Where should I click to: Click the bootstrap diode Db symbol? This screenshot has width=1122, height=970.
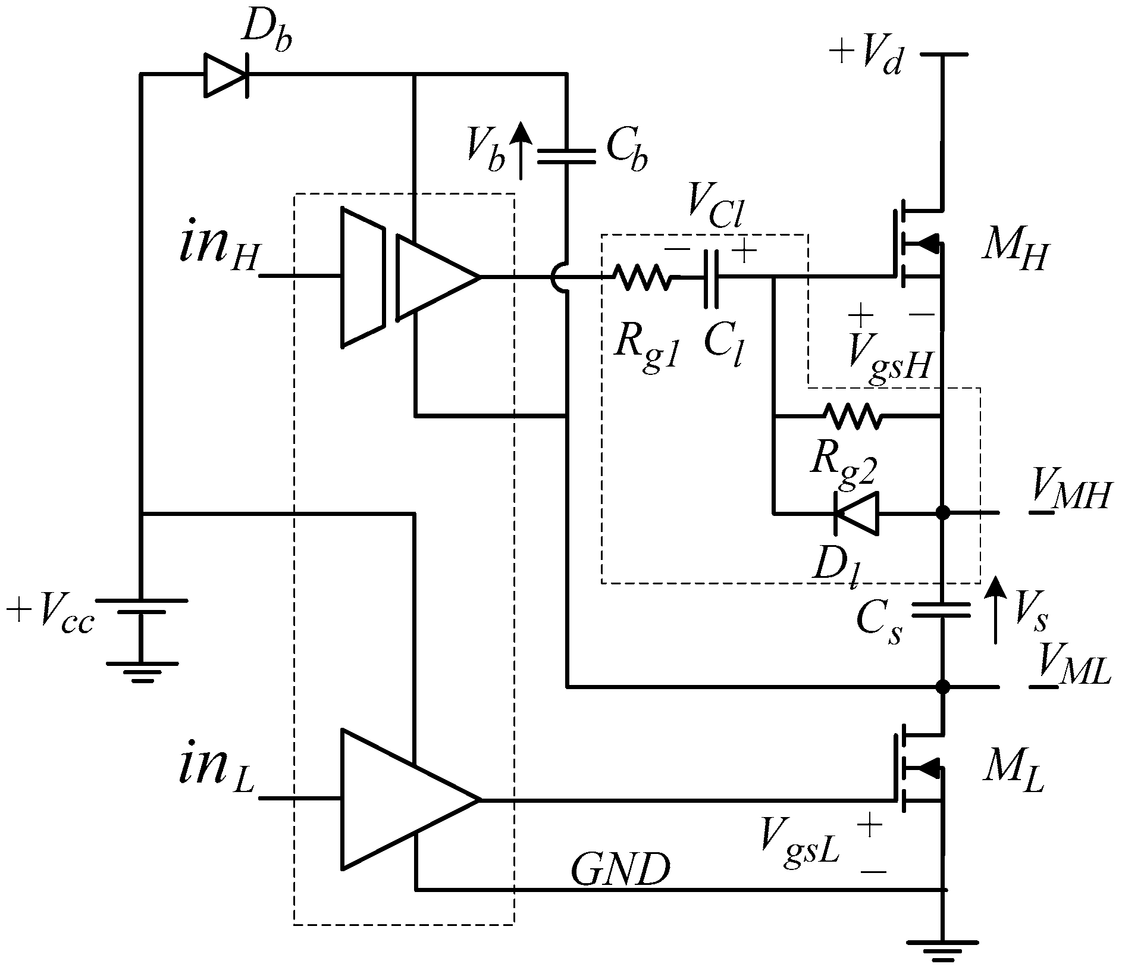click(227, 74)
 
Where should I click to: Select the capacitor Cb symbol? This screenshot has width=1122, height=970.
click(566, 157)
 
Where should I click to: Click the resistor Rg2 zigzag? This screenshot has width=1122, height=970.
click(851, 416)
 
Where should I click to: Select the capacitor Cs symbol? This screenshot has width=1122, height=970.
click(942, 609)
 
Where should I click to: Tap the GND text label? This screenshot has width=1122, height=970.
click(620, 871)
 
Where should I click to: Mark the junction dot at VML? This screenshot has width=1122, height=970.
click(942, 687)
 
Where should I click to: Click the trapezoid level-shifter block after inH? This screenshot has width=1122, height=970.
click(362, 277)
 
